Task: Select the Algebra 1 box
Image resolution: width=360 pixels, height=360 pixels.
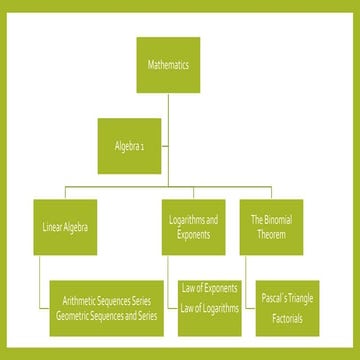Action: tap(129, 143)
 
